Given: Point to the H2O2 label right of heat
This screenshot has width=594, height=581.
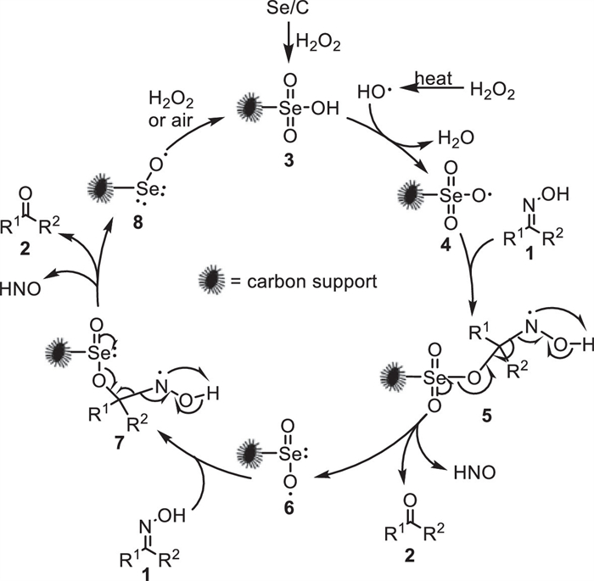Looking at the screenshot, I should tap(490, 88).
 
